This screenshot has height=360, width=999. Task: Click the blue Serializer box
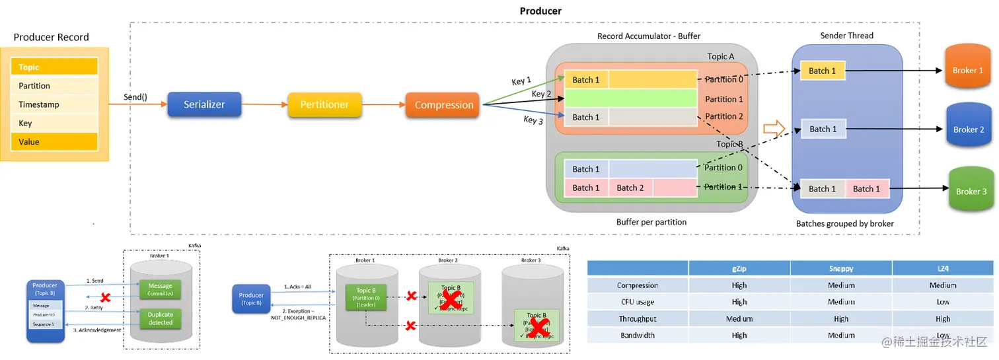[204, 104]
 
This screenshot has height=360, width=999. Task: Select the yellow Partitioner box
[324, 105]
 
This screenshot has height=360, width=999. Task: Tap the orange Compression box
[444, 105]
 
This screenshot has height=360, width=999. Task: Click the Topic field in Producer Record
[54, 67]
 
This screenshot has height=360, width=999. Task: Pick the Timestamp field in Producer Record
[54, 104]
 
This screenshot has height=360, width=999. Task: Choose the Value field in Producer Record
[54, 141]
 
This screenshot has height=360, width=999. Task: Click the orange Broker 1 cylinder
[968, 69]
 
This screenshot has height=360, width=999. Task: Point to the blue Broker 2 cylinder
[969, 129]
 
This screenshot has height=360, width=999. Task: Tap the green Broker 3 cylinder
[971, 191]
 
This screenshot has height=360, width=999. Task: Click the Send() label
[135, 97]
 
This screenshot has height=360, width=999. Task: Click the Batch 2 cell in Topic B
[630, 188]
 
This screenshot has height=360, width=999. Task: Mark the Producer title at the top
[540, 11]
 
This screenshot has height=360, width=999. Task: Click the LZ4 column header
[943, 268]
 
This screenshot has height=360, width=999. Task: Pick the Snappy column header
[841, 268]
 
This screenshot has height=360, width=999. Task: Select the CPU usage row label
[638, 302]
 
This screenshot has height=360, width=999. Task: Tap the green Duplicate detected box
[160, 318]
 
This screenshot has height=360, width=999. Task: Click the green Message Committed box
[160, 289]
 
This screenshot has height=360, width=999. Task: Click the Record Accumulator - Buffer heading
[649, 36]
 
